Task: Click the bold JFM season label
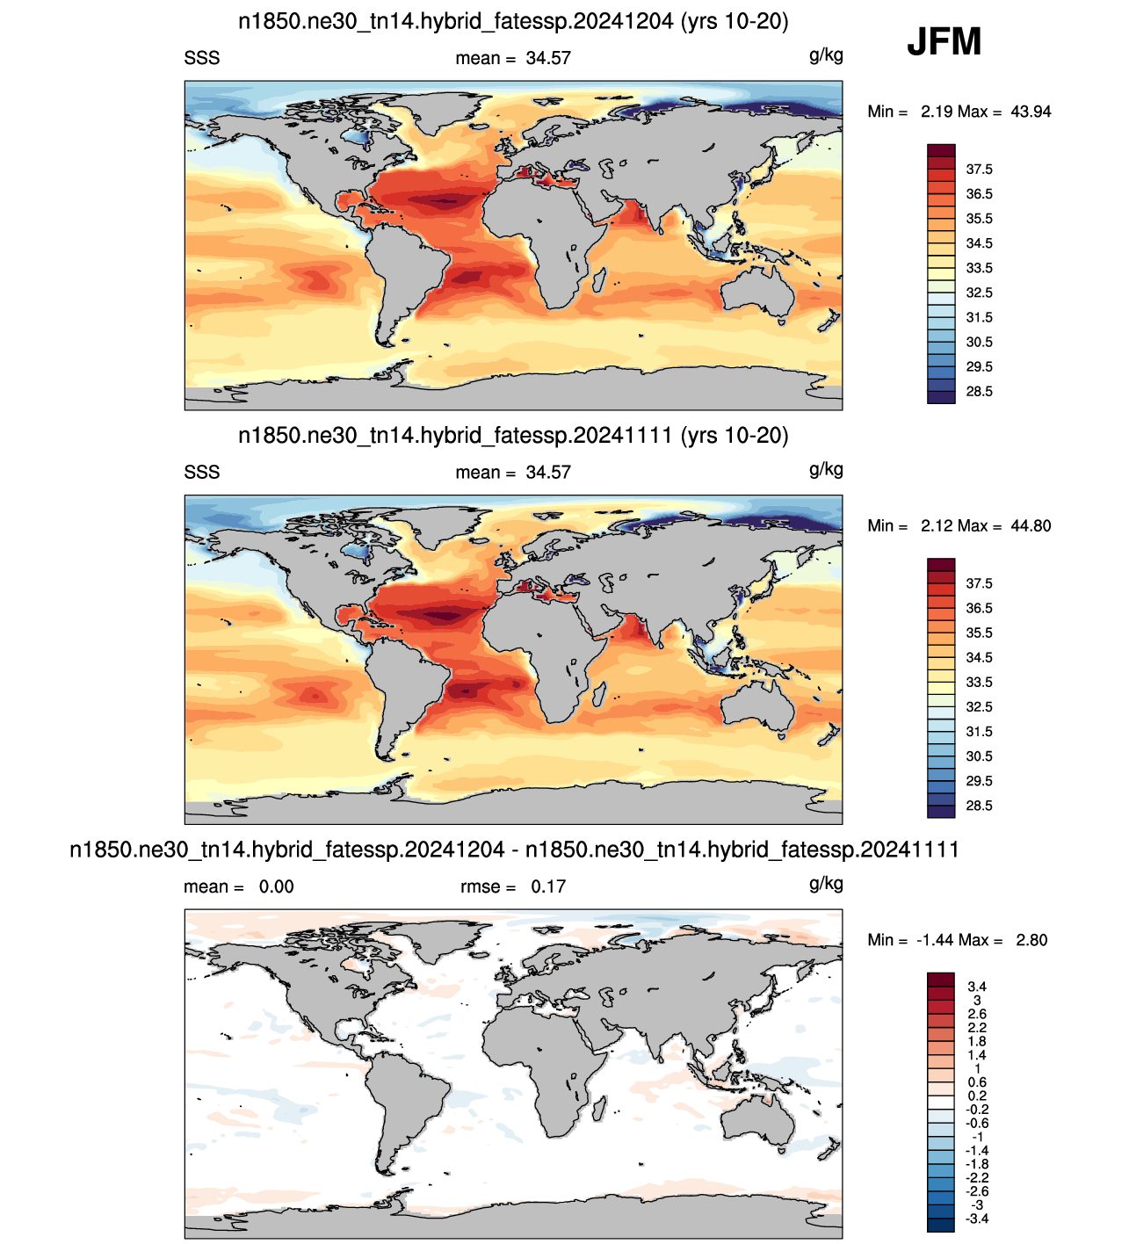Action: pos(944,41)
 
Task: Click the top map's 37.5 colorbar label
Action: pos(979,170)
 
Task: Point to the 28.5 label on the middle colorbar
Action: pos(979,806)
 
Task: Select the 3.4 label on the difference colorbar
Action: pos(977,987)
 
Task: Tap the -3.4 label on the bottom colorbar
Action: pos(977,1219)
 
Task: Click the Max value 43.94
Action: pos(1031,112)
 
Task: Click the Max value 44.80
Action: pos(1031,526)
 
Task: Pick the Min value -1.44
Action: pos(935,940)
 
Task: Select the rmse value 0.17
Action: pos(548,886)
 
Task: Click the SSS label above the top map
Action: pos(201,58)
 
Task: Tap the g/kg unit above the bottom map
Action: pos(826,884)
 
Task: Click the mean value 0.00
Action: pos(276,886)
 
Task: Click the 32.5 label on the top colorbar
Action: pos(979,293)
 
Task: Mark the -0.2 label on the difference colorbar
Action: pos(977,1110)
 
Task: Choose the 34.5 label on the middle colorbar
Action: pos(979,657)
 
